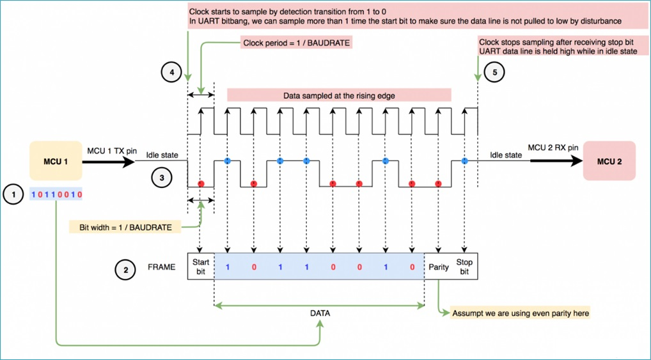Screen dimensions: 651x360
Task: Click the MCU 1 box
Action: point(56,160)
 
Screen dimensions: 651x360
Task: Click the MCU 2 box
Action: point(609,160)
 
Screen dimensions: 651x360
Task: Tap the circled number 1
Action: point(13,194)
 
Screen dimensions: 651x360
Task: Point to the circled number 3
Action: point(162,178)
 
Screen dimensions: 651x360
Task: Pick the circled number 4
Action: point(171,73)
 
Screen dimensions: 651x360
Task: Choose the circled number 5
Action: point(494,72)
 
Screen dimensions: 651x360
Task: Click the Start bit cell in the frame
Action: point(201,266)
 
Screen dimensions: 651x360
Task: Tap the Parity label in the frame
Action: point(439,267)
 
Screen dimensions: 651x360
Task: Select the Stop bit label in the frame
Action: point(464,267)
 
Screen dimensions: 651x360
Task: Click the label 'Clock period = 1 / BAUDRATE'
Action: point(296,42)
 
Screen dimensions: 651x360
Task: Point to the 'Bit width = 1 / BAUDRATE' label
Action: point(125,227)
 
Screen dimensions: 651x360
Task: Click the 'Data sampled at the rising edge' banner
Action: point(339,95)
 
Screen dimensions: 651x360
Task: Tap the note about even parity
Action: point(521,313)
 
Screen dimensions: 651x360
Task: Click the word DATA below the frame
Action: point(320,313)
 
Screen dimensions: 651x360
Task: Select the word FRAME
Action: point(162,267)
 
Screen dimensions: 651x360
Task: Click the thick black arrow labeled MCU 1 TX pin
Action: point(109,161)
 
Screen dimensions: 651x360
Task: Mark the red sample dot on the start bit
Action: point(201,184)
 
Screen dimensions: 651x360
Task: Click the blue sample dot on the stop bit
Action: point(464,160)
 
